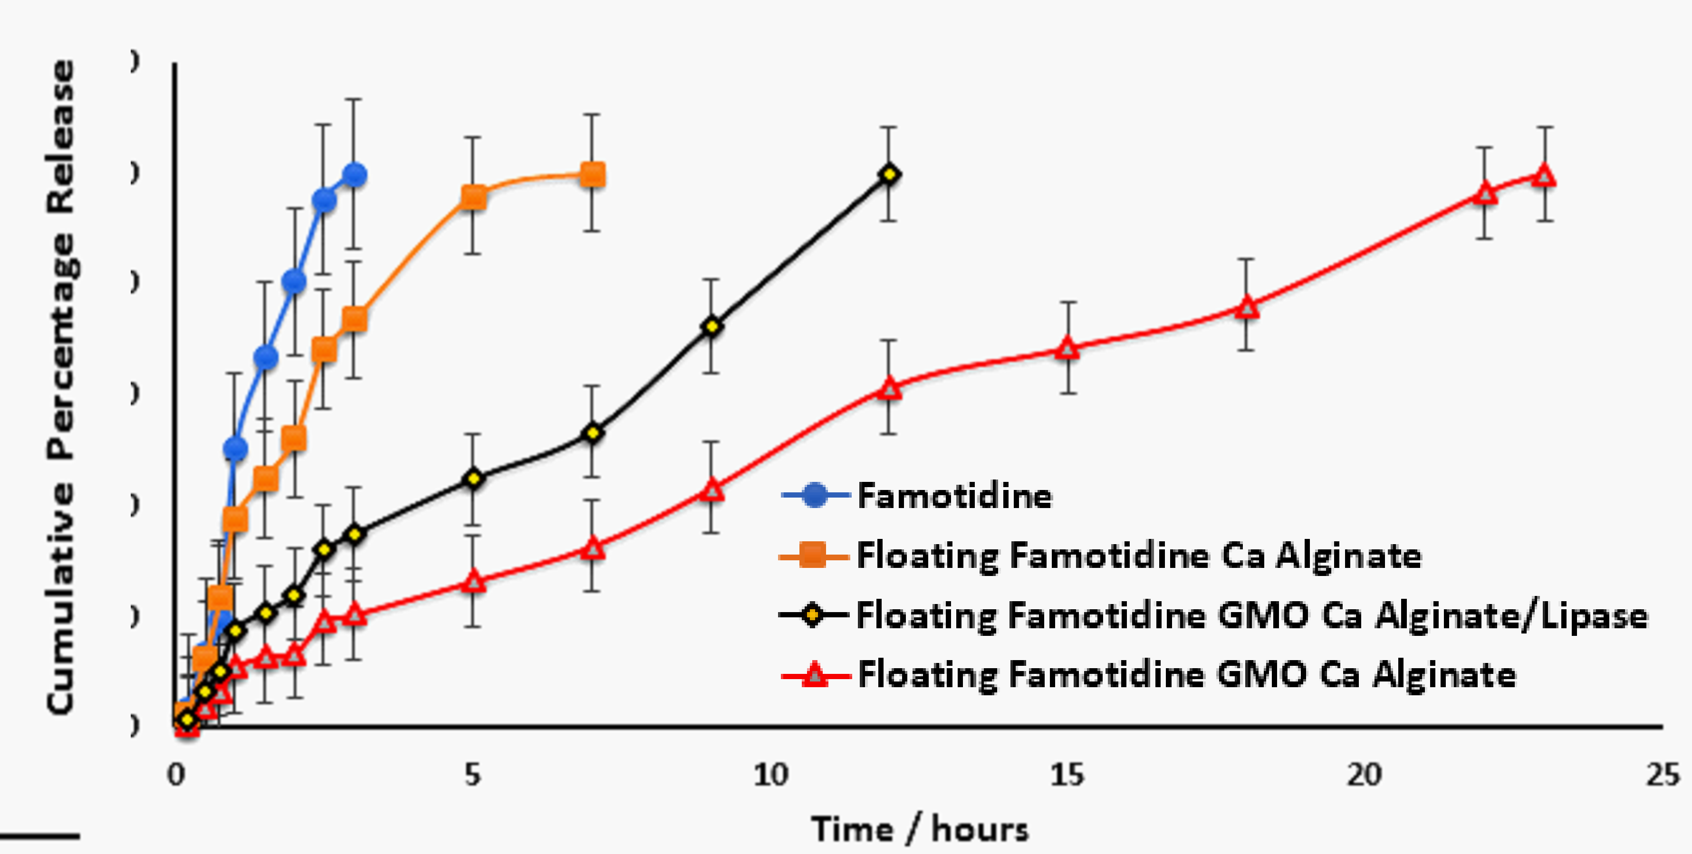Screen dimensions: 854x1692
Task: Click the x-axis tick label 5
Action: [x=473, y=775]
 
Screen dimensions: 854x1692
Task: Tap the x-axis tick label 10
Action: [x=770, y=775]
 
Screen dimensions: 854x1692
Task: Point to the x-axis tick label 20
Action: [x=1364, y=775]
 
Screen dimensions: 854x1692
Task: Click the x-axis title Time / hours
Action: [x=920, y=829]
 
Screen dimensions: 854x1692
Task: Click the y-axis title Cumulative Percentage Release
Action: [x=61, y=388]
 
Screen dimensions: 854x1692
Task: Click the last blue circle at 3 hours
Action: [x=355, y=175]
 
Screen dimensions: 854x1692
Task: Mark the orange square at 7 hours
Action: [x=593, y=175]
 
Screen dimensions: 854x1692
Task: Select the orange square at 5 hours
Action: [x=473, y=196]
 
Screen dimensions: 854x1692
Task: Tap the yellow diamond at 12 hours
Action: [x=889, y=174]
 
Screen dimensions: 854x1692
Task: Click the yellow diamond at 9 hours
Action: [x=711, y=326]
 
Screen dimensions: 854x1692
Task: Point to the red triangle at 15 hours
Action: [x=1068, y=349]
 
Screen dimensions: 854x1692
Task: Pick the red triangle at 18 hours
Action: [x=1247, y=307]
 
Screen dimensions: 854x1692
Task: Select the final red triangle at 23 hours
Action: [x=1544, y=176]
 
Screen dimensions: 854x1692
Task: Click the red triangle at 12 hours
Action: [x=889, y=389]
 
